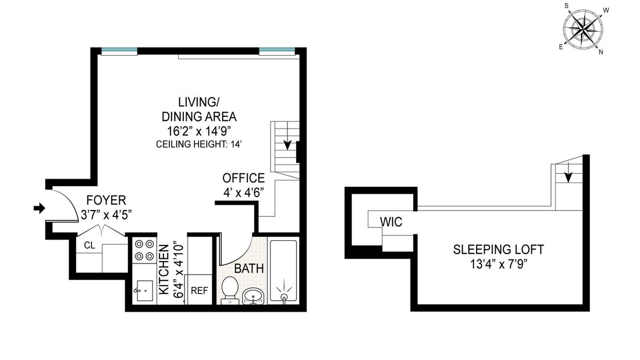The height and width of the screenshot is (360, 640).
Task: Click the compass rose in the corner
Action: [x=583, y=29]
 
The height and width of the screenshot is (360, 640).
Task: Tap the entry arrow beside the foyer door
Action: [x=39, y=209]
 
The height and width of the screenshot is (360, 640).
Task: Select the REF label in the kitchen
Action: [x=199, y=291]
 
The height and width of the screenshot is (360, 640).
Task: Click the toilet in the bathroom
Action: [x=230, y=290]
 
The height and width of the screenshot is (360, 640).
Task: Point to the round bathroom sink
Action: [x=254, y=296]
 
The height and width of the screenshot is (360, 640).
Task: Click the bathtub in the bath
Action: [x=284, y=271]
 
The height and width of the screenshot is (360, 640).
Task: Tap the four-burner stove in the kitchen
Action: [x=144, y=250]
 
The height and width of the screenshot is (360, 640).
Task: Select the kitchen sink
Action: [x=144, y=291]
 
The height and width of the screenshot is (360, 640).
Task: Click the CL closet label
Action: [x=90, y=245]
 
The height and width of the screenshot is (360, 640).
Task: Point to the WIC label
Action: [x=391, y=222]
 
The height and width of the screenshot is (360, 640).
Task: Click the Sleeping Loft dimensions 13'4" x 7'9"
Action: [x=499, y=264]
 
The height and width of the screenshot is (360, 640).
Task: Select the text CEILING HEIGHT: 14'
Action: [x=199, y=144]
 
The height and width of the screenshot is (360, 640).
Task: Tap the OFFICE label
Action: [x=243, y=178]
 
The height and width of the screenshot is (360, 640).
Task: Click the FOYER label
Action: [x=106, y=201]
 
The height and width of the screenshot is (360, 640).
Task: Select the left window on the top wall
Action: [x=119, y=51]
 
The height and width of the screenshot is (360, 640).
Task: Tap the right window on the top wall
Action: [x=277, y=51]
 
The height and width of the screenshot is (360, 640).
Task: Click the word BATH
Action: [x=249, y=269]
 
